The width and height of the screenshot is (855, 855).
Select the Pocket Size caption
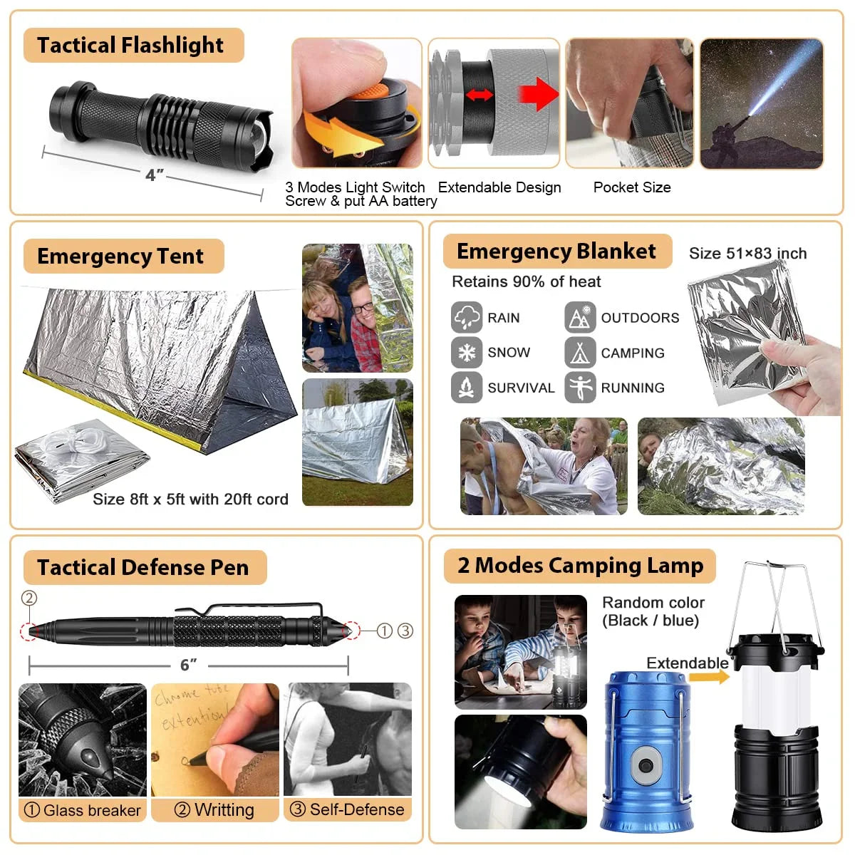click(x=632, y=187)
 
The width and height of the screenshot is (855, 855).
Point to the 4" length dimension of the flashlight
click(x=154, y=175)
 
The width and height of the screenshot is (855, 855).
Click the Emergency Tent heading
click(x=120, y=256)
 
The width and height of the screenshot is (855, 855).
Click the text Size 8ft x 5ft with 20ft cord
click(x=190, y=499)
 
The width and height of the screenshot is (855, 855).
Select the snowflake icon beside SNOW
click(x=466, y=352)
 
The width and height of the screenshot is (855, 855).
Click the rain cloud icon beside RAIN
click(x=466, y=317)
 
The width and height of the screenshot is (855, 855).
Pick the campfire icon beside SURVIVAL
click(x=466, y=388)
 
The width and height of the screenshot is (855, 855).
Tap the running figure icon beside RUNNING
click(x=580, y=388)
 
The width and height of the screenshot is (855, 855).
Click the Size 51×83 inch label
click(x=747, y=254)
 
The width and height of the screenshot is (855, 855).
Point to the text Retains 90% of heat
click(x=526, y=282)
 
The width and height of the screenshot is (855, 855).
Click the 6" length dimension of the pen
click(x=188, y=665)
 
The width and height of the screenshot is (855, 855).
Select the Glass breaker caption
click(x=83, y=810)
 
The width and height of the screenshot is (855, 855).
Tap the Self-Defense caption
click(x=348, y=809)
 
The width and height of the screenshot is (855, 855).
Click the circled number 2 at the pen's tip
click(x=29, y=598)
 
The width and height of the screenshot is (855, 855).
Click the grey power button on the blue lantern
click(x=646, y=766)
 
